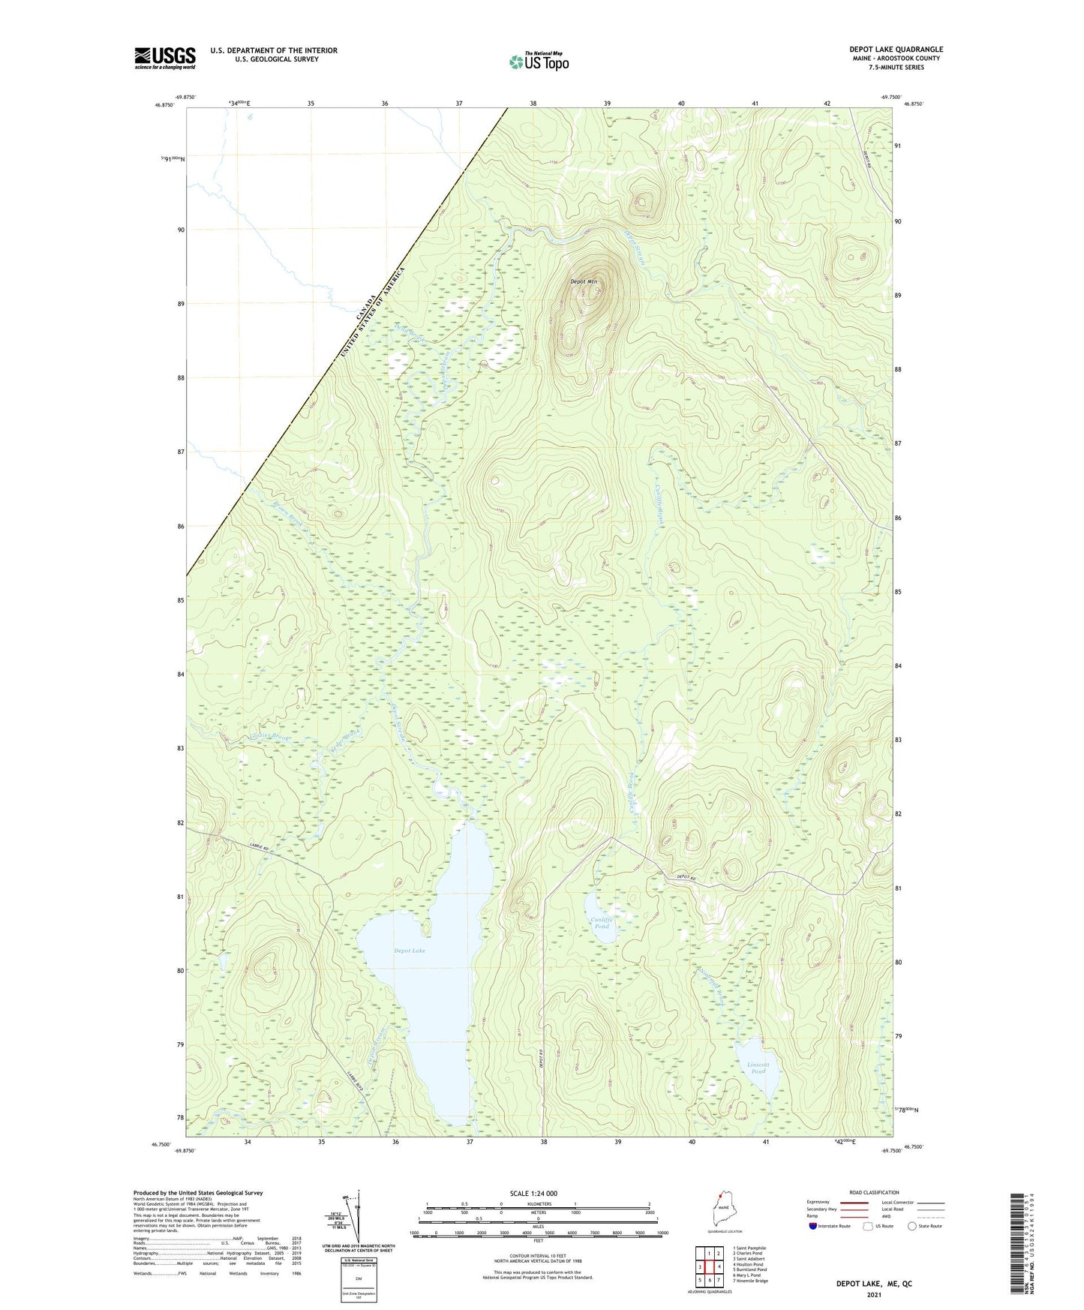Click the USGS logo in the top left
pos(165,58)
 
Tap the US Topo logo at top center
pos(539,62)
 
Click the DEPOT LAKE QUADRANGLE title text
pos(886,49)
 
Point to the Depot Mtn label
pos(584,282)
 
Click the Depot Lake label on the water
pos(410,951)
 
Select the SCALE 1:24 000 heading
pos(533,1193)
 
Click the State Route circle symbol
pos(911,1226)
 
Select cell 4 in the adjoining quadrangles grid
pos(718,1266)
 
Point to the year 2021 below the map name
pos(873,1294)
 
